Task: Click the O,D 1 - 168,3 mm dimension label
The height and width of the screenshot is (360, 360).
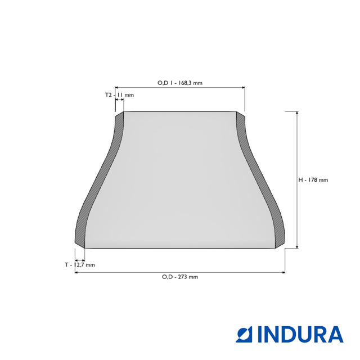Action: point(180,83)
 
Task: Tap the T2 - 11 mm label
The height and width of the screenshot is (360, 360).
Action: point(119,95)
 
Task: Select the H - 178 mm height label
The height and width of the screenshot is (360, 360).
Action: point(313,180)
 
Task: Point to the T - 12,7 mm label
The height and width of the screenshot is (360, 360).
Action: point(80,265)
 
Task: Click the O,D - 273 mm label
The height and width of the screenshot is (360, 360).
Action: point(180,277)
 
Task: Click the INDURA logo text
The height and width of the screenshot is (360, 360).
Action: point(300,334)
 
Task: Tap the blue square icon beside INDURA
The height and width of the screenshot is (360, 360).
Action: point(244,334)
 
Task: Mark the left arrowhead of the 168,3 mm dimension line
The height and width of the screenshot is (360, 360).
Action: point(116,88)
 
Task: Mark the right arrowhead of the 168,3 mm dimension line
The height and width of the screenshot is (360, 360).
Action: point(244,88)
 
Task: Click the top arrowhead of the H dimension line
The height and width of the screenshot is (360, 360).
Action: point(298,113)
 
